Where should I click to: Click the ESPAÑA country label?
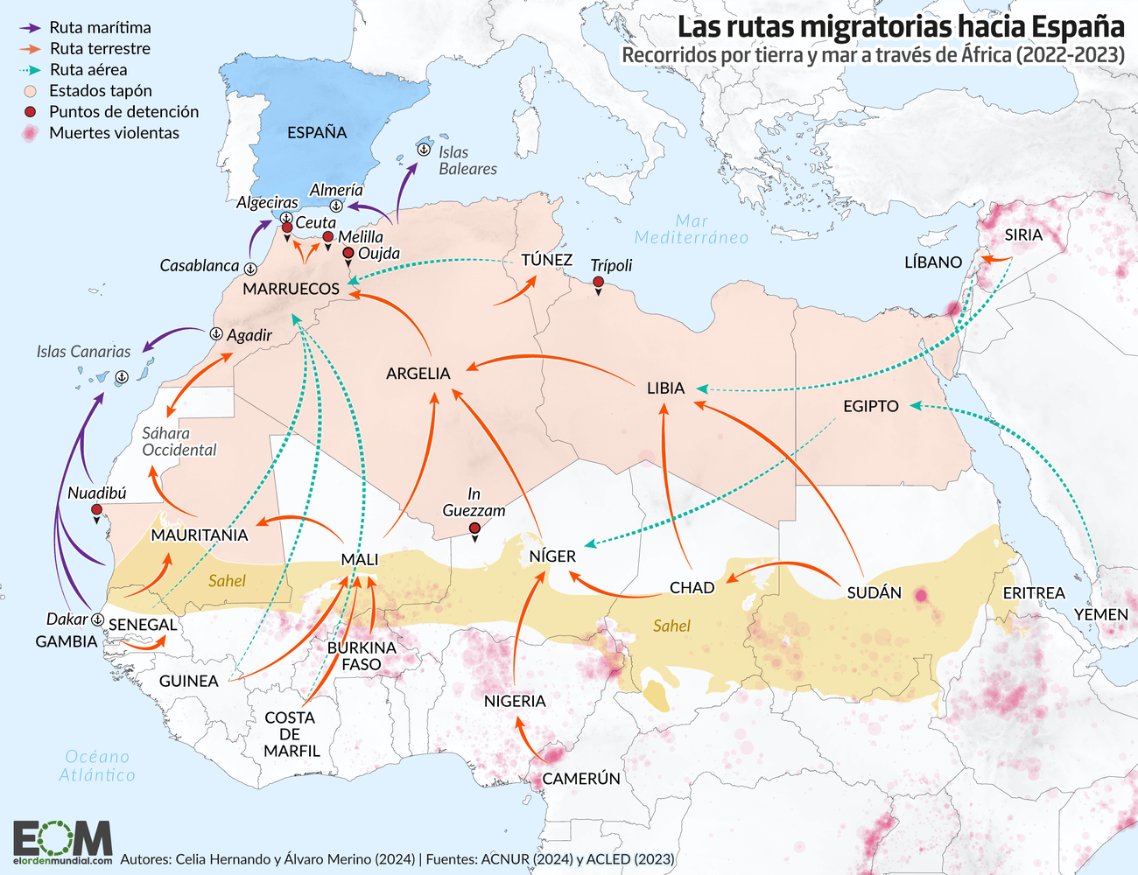point(317,133)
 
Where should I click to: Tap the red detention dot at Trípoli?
point(598,283)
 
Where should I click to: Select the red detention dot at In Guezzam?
point(474,528)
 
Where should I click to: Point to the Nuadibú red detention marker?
point(96,510)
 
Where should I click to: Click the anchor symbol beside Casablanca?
point(250,268)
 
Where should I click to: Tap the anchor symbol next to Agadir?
point(216,334)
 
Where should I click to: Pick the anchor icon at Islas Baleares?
point(422,150)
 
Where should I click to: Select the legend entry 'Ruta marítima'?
point(100,28)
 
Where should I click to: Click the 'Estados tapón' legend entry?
point(100,91)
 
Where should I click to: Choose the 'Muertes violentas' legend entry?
point(114,133)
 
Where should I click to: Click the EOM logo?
point(63,842)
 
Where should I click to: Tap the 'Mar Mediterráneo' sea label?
point(692,229)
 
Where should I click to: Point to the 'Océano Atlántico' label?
point(97,766)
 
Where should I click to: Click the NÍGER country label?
point(552,556)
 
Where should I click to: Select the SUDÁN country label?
point(874,593)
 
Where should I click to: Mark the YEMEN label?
point(1101,615)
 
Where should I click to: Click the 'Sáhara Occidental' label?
point(179,442)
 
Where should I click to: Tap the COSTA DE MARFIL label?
point(292,734)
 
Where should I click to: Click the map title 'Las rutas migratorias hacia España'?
point(901,26)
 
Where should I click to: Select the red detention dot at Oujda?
point(348,253)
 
